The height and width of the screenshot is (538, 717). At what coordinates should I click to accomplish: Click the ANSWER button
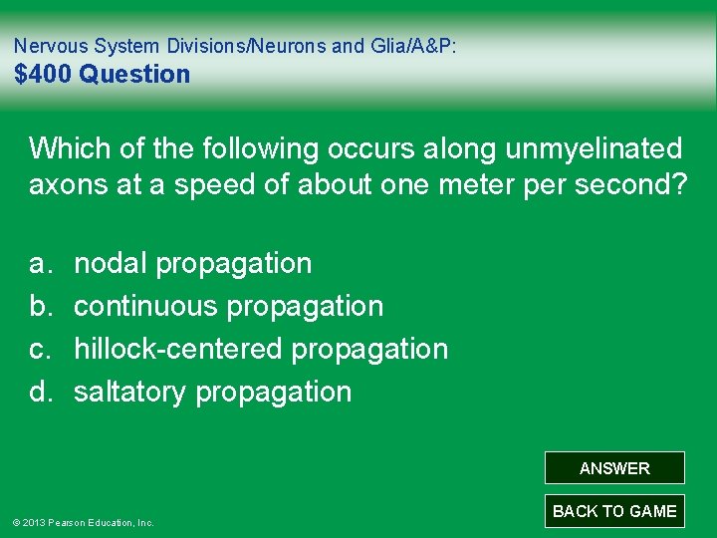pos(614,468)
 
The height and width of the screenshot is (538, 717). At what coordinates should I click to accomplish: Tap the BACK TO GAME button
pos(614,511)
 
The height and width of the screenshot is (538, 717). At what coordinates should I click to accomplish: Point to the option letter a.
pos(40,263)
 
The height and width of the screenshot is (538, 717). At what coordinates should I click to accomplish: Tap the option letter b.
pos(40,306)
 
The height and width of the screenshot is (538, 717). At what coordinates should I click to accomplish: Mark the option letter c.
pos(40,349)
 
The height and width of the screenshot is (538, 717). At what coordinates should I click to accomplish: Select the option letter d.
pos(40,392)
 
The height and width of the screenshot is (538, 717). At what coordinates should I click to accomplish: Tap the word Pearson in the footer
pos(68,522)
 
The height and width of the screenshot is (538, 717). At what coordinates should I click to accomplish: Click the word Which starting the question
pos(68,148)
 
